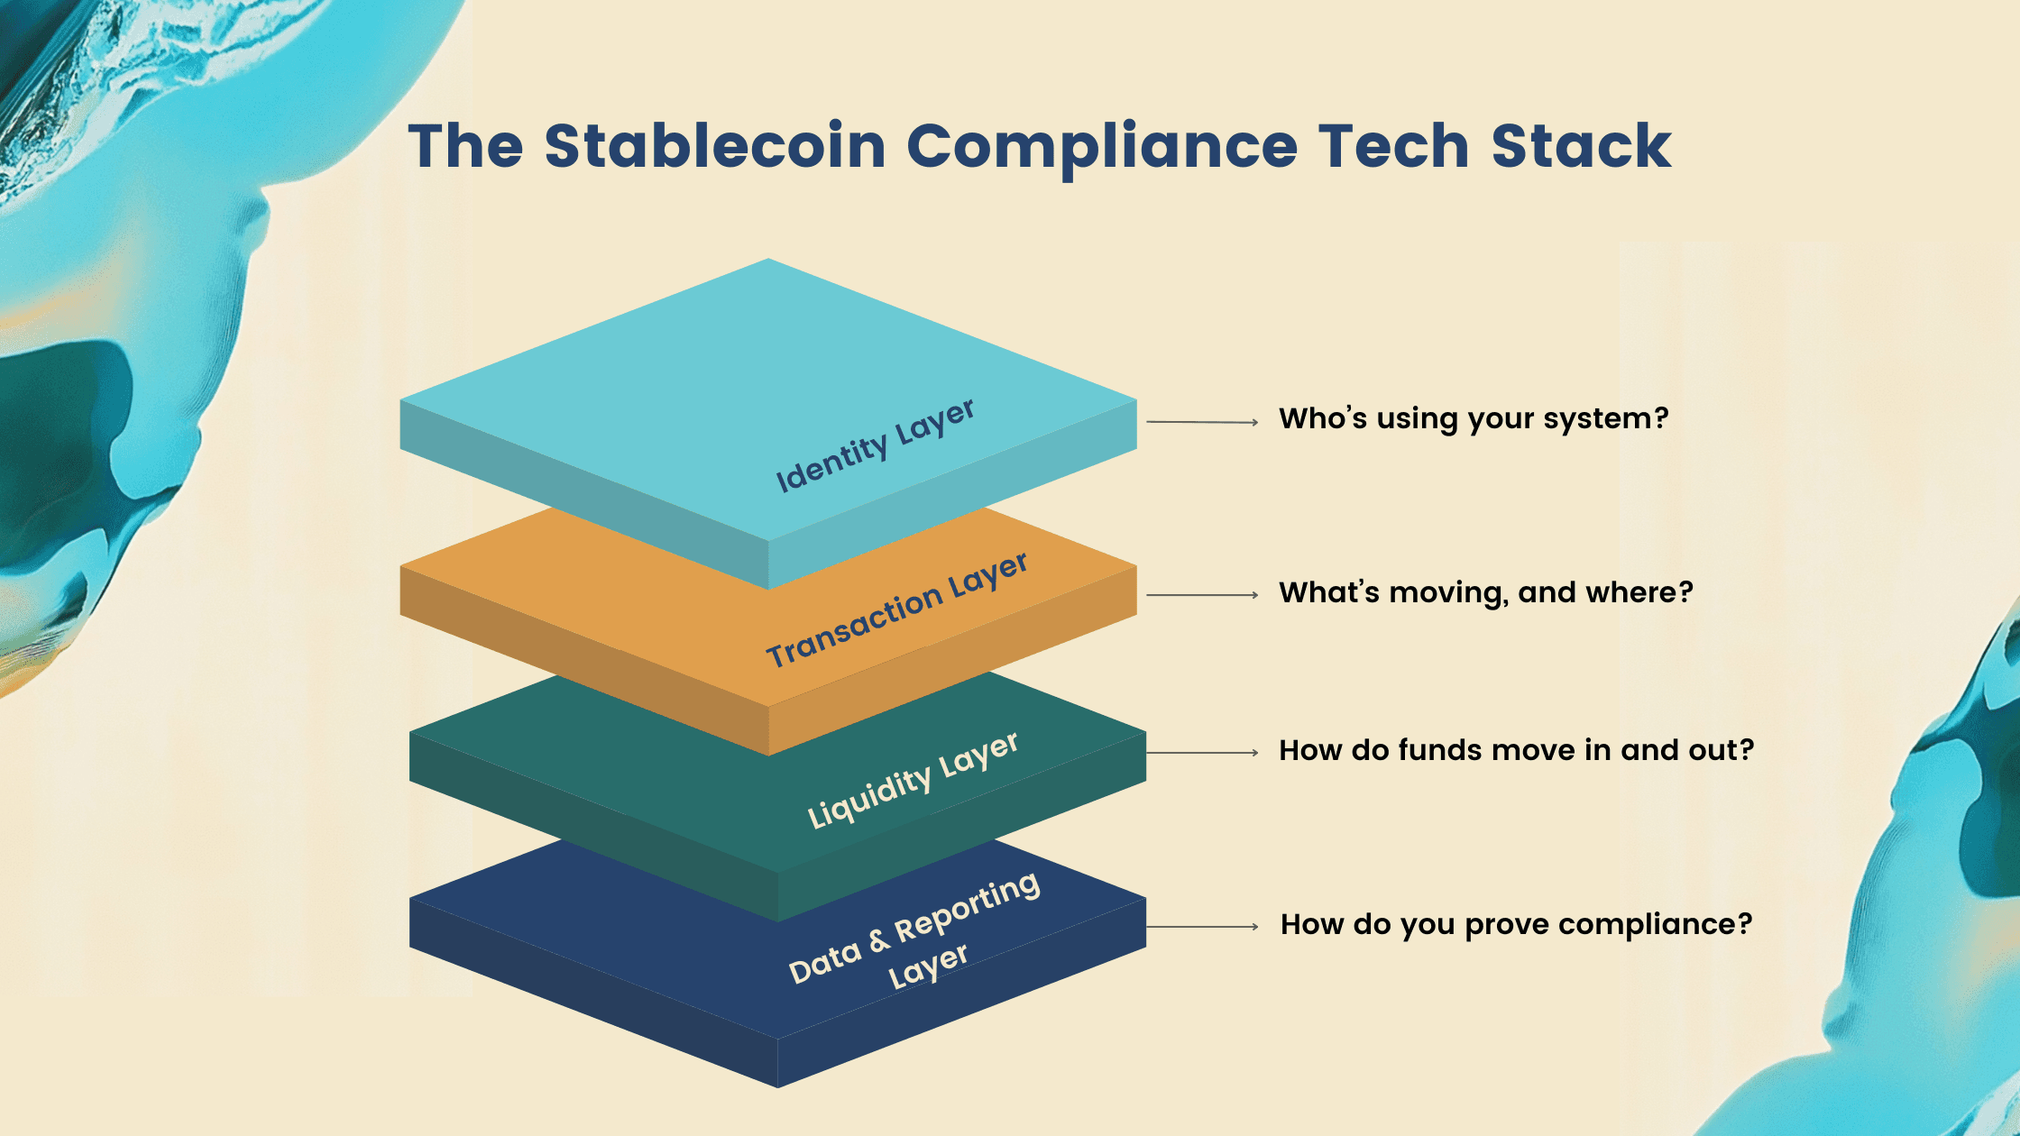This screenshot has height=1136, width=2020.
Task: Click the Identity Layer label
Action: [875, 445]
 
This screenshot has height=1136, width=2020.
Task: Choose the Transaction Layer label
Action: [896, 609]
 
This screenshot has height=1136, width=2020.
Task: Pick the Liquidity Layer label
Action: [913, 779]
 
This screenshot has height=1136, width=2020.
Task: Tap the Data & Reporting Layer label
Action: [914, 930]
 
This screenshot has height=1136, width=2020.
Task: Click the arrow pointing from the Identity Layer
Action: [1202, 422]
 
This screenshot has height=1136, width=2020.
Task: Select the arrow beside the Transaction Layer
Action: [1202, 595]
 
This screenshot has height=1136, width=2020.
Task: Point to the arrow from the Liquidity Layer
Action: [1202, 752]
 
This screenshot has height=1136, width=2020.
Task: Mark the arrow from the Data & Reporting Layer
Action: [1202, 926]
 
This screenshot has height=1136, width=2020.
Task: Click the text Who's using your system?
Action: [1474, 419]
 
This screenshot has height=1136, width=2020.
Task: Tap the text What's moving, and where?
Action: [1486, 592]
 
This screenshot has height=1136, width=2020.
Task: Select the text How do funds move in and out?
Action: [1517, 750]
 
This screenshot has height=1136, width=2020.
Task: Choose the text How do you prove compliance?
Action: [1517, 925]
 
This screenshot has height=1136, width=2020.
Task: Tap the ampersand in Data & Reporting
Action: [879, 941]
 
